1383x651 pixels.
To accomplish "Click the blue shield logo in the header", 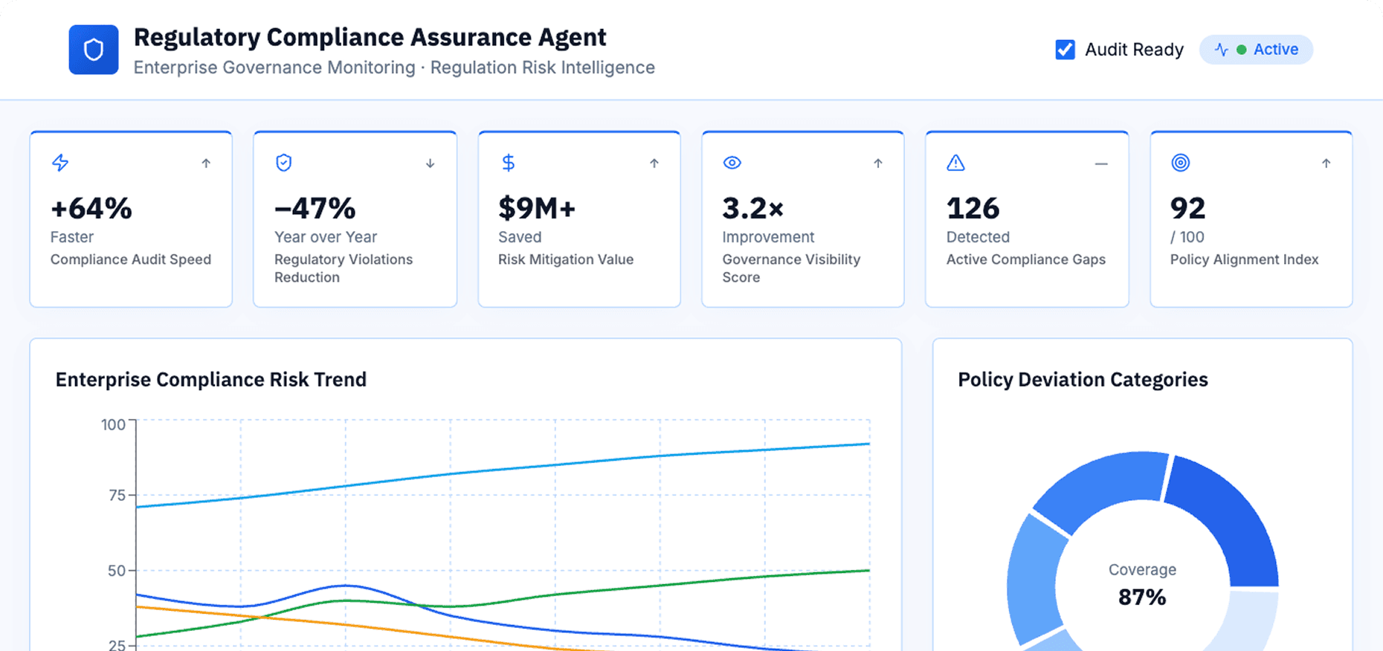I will [94, 50].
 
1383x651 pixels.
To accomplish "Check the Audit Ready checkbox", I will [1065, 50].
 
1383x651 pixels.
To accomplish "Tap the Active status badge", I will [1256, 50].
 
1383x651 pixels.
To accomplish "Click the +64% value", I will [91, 209].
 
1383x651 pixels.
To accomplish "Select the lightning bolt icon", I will [60, 163].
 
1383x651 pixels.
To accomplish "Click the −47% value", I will [315, 209].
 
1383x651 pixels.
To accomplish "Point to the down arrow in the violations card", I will [430, 163].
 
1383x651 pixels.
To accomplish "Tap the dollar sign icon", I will [508, 163].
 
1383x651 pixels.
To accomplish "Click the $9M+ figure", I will [537, 209].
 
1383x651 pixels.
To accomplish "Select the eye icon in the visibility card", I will [732, 163].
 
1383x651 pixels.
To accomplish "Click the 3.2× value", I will [753, 209].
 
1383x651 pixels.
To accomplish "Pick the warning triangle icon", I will [955, 163].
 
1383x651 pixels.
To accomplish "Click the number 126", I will [973, 209].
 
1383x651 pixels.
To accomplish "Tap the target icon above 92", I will [1181, 163].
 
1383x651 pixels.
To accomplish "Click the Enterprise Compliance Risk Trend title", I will [211, 380].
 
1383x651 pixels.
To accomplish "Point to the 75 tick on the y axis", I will [117, 496].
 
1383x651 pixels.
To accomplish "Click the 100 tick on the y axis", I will [113, 425].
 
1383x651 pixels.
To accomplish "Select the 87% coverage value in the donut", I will [1142, 597].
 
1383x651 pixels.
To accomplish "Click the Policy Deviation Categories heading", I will [1083, 380].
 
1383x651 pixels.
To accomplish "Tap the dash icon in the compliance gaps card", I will [1101, 163].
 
